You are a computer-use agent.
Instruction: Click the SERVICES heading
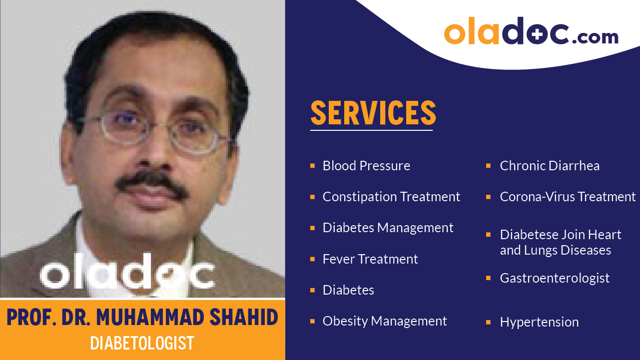(x=373, y=113)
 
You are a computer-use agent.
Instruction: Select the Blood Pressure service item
(x=366, y=166)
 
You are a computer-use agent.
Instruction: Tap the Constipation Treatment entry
(x=391, y=197)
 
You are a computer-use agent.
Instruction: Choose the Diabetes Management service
(x=388, y=228)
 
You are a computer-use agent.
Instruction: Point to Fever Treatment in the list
(x=370, y=259)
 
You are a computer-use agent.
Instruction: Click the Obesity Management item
(x=385, y=321)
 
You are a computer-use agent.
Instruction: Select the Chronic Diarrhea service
(x=550, y=166)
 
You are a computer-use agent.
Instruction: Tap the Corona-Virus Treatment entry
(x=568, y=197)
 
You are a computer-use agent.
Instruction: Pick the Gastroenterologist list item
(x=555, y=278)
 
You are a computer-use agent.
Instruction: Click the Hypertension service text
(x=539, y=322)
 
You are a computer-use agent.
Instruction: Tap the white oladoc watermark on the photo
(x=127, y=272)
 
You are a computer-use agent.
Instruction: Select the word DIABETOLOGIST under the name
(x=142, y=344)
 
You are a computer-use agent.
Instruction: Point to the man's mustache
(x=151, y=183)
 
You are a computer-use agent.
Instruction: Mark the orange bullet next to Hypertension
(x=489, y=323)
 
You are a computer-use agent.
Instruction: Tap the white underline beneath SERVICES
(x=371, y=130)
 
